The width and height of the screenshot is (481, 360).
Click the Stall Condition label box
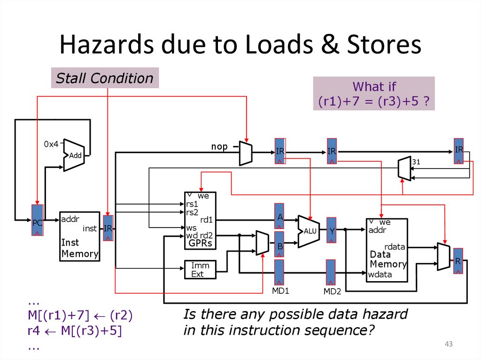click(x=105, y=78)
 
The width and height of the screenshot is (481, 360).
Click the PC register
click(x=38, y=220)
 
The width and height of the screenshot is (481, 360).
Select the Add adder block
click(x=74, y=155)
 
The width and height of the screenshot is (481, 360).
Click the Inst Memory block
click(x=79, y=236)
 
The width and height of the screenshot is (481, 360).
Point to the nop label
click(x=219, y=147)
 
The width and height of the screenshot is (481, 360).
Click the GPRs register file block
click(x=200, y=220)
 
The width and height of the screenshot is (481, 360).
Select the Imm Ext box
click(x=200, y=269)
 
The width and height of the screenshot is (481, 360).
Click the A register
click(x=279, y=216)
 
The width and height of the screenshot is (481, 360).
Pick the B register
click(x=279, y=244)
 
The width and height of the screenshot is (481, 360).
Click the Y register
click(x=332, y=230)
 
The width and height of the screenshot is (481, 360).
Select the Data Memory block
click(x=387, y=250)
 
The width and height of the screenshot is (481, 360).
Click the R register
click(x=458, y=260)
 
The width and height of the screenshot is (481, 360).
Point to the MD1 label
click(x=280, y=291)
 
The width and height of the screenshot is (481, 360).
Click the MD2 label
click(x=332, y=291)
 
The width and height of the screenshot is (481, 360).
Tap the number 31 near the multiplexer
click(x=415, y=162)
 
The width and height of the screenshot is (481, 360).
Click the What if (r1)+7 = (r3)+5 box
click(x=374, y=93)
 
